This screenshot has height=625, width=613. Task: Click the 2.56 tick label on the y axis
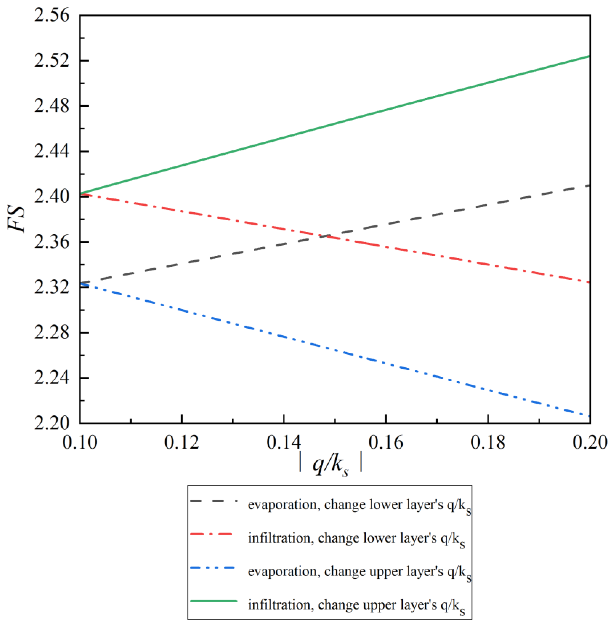tap(52, 15)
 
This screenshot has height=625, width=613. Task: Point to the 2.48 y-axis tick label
tap(52, 106)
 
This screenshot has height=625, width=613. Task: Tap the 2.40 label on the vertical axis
tap(52, 197)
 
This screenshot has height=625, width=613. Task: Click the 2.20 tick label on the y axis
tap(52, 423)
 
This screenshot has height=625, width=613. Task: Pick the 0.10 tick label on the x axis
tap(80, 443)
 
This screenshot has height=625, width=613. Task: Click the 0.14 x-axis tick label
tap(284, 443)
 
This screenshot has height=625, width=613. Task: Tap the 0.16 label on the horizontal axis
tap(386, 443)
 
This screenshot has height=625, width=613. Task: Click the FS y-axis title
tap(17, 219)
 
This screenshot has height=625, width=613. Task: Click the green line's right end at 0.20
tap(589, 56)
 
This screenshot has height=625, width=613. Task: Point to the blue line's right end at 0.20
tap(589, 417)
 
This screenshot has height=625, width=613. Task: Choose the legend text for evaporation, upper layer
tap(359, 571)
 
